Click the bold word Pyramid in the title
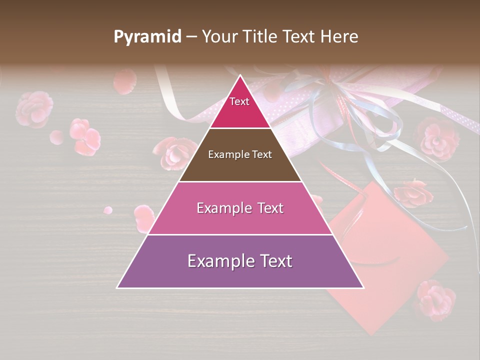pos(147,37)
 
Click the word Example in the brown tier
pos(224,154)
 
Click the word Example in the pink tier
pos(218,208)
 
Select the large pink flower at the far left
pos(33,108)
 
